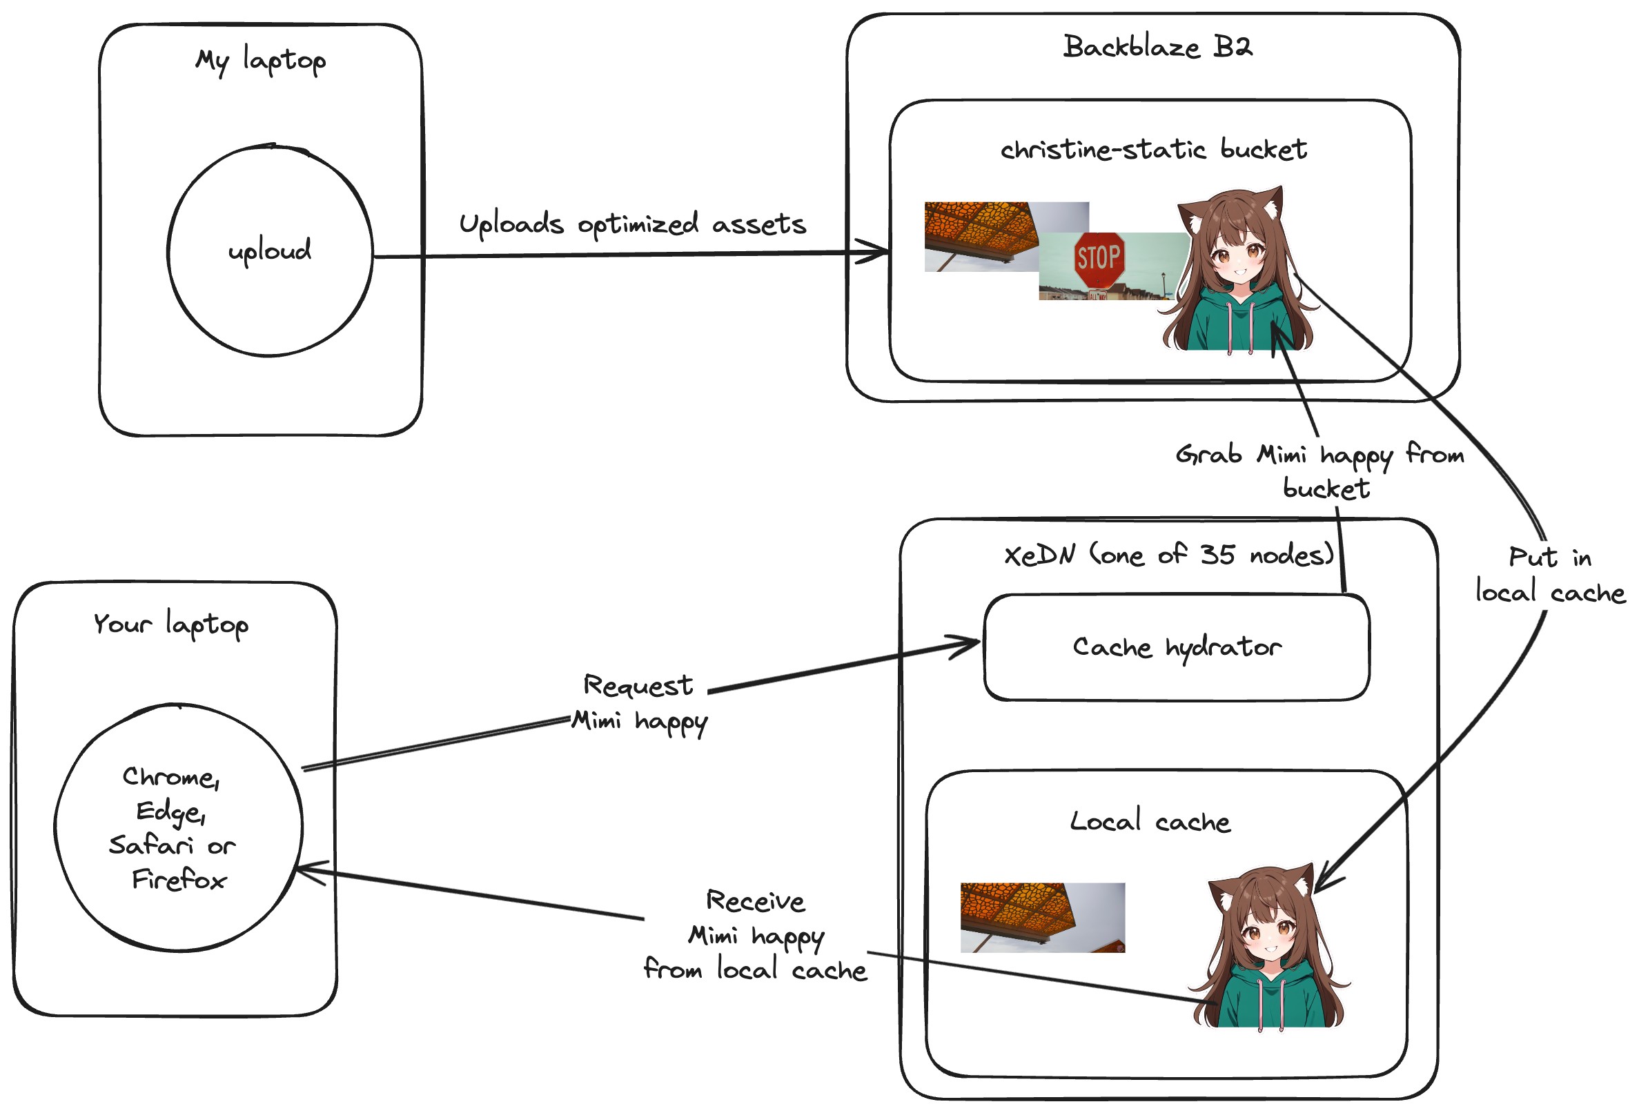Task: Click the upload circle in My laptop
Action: [x=270, y=250]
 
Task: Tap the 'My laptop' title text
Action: [x=260, y=61]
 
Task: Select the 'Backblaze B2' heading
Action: [x=1157, y=47]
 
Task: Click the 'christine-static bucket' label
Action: [x=1153, y=150]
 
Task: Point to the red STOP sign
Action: [x=1098, y=259]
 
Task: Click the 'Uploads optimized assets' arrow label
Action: [x=632, y=224]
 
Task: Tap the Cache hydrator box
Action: [x=1177, y=647]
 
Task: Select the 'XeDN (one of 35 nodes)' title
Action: [x=1168, y=555]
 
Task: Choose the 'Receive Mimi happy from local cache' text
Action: [x=756, y=936]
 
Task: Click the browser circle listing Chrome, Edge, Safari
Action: [x=179, y=827]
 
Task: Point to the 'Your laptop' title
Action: [x=170, y=624]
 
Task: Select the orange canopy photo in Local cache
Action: [x=1041, y=918]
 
